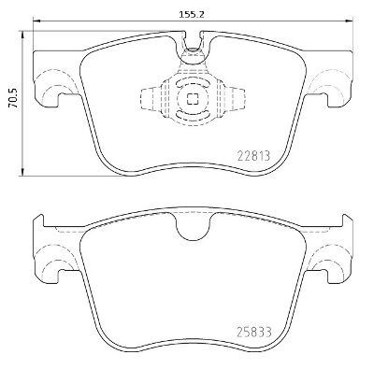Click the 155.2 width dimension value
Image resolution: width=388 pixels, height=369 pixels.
191,14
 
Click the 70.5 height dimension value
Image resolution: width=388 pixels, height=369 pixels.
13,98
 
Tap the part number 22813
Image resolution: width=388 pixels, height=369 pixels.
253,155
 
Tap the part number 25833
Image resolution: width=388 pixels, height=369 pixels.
254,332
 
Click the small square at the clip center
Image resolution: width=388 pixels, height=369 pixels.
193,99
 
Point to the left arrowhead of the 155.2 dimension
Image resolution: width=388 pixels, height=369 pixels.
36,21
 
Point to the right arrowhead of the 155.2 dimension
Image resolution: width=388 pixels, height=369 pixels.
349,21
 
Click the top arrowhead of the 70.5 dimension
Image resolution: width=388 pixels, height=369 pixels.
22,35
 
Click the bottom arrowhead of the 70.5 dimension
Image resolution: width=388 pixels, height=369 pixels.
22,172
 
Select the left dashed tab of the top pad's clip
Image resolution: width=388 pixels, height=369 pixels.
151,98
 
